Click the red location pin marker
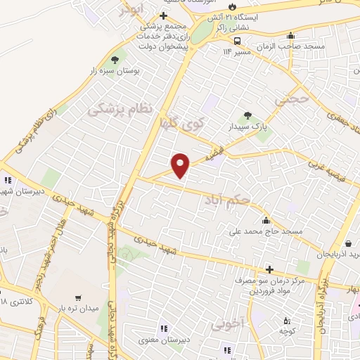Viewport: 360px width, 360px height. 181,165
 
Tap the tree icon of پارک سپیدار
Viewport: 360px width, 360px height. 247,115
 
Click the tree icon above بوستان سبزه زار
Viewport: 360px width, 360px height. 115,60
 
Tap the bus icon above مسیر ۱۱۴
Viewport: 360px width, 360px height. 238,40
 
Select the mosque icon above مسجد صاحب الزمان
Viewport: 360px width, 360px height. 290,36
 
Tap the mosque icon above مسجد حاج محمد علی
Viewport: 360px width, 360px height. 266,220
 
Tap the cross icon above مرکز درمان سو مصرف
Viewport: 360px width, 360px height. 269,269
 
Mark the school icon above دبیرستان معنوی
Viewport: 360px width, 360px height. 163,328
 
